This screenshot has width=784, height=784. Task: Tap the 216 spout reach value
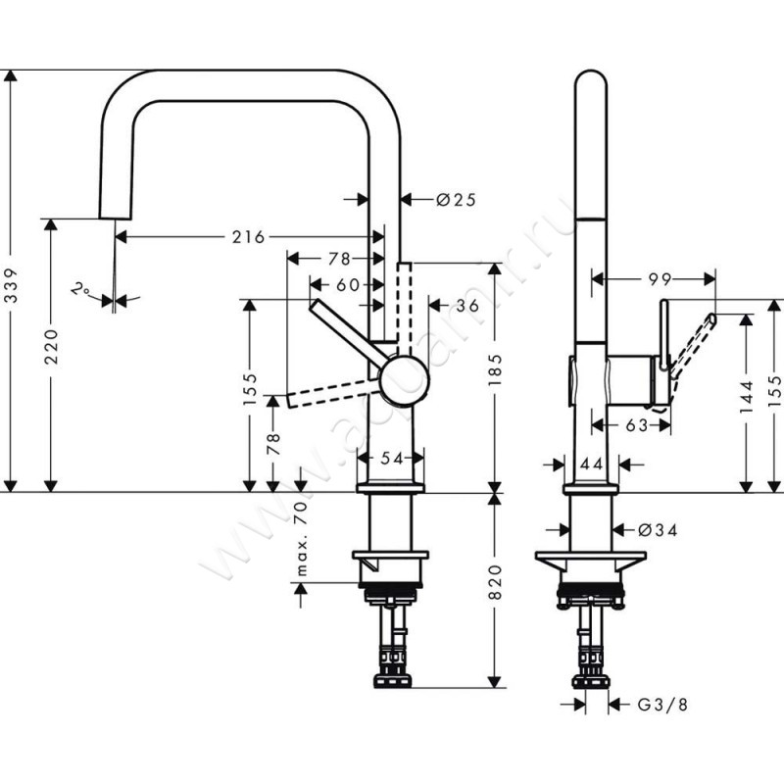(x=249, y=237)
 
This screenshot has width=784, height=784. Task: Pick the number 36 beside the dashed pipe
(x=465, y=307)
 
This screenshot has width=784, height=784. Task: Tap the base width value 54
(x=391, y=458)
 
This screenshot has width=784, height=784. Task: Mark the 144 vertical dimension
(x=749, y=395)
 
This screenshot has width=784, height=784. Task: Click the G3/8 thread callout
(x=657, y=704)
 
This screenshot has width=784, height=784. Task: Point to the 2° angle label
(x=82, y=290)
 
